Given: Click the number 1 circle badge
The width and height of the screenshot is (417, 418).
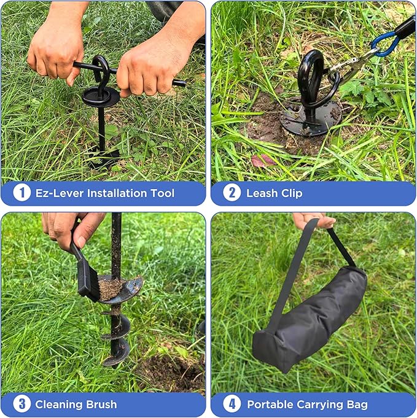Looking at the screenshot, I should tap(22, 193).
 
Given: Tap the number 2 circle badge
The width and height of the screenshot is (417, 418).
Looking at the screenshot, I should tap(232, 193).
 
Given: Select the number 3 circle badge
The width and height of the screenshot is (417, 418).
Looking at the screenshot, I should tap(22, 404).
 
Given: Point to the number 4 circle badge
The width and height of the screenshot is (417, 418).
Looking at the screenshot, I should tap(232, 404).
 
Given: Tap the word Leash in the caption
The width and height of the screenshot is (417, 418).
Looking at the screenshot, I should tap(261, 193).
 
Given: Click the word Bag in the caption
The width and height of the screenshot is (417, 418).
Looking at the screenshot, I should tap(357, 404).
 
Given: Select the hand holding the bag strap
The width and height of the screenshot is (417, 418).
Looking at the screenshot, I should tap(313, 220).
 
